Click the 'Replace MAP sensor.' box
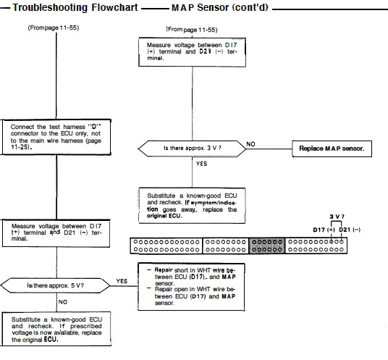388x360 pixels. tap(332, 148)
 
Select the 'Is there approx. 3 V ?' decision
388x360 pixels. tap(193, 148)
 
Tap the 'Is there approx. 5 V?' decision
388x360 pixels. tap(56, 285)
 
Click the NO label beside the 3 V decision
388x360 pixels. tap(250, 144)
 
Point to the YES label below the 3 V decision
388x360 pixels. tap(202, 164)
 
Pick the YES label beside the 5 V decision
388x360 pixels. tap(122, 281)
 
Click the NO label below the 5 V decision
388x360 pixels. tap(63, 302)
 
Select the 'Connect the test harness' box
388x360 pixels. tap(56, 137)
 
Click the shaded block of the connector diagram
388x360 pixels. tap(267, 246)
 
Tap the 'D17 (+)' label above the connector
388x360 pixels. tap(324, 230)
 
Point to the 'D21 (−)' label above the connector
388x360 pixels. tap(350, 230)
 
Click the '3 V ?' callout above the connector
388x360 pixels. tap(337, 217)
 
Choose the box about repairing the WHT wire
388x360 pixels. tap(192, 287)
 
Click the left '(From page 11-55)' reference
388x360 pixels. tap(54, 28)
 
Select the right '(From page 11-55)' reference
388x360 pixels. tap(192, 30)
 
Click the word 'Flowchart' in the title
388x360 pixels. tap(114, 7)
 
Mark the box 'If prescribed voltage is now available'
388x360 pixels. tap(56, 329)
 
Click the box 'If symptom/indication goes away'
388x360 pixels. tap(192, 206)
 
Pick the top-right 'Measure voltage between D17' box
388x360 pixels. tap(193, 52)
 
